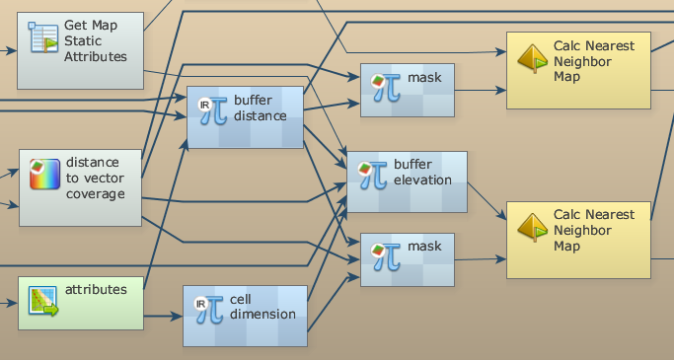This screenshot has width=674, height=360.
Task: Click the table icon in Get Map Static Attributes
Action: (x=43, y=37)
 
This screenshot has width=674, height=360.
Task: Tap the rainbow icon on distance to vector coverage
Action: (x=44, y=174)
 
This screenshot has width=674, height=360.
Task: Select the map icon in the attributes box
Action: (x=43, y=301)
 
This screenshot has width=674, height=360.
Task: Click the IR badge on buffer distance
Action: (x=205, y=105)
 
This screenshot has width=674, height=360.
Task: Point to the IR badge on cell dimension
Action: (x=200, y=304)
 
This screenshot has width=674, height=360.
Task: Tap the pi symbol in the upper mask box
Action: (x=387, y=88)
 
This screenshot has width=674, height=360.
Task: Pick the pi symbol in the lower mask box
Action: (x=387, y=256)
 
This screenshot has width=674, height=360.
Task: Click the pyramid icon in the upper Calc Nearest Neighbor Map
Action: (x=533, y=58)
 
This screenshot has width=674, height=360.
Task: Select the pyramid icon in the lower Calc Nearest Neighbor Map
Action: (x=533, y=227)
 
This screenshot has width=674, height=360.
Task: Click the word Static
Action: (x=83, y=40)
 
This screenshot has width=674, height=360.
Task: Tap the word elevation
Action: (x=422, y=180)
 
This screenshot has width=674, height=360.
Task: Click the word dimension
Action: (x=262, y=314)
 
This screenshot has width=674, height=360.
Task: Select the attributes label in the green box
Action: (x=96, y=290)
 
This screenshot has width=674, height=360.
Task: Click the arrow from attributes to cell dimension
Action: (x=163, y=317)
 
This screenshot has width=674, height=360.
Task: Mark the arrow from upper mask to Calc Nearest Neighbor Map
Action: (x=481, y=90)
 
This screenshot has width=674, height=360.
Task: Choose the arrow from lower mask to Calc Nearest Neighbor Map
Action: (x=481, y=259)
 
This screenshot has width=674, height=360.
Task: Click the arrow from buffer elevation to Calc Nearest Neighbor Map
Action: (x=487, y=201)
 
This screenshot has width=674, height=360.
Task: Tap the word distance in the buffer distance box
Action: (x=261, y=116)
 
